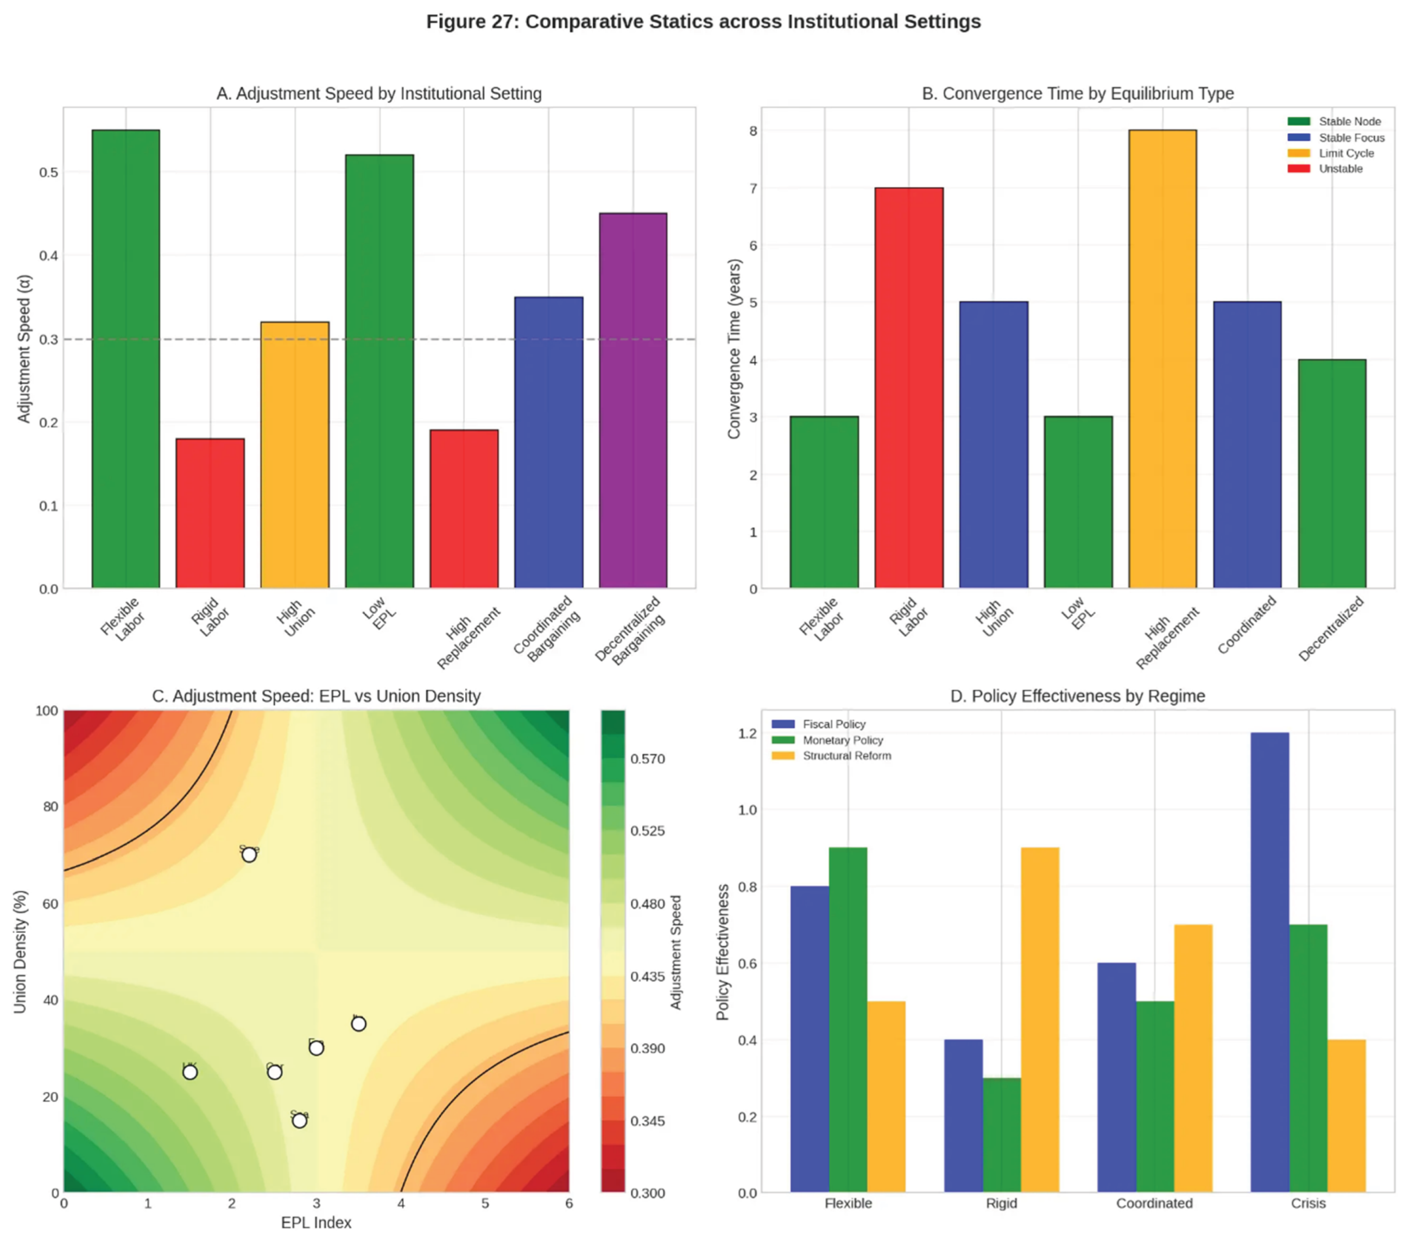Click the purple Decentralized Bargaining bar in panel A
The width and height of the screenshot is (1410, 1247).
pyautogui.click(x=633, y=400)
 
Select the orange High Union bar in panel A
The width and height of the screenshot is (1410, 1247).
pyautogui.click(x=295, y=455)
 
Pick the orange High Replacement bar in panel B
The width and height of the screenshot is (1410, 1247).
pyautogui.click(x=1162, y=359)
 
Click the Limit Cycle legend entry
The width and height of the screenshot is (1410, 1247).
pyautogui.click(x=1345, y=153)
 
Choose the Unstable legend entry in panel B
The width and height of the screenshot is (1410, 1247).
pyautogui.click(x=1341, y=169)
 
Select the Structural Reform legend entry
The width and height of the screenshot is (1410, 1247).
pyautogui.click(x=846, y=756)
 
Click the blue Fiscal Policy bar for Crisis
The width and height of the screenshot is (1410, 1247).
pyautogui.click(x=1269, y=962)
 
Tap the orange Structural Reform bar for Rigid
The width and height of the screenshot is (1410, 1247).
pyautogui.click(x=1040, y=1020)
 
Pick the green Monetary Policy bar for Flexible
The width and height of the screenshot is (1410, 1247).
pyautogui.click(x=848, y=1020)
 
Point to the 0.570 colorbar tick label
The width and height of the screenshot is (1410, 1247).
pyautogui.click(x=647, y=759)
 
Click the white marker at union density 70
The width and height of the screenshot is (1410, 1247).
pyautogui.click(x=249, y=855)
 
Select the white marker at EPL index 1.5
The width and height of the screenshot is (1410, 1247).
pyautogui.click(x=189, y=1072)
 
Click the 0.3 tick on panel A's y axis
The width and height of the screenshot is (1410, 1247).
pyautogui.click(x=48, y=339)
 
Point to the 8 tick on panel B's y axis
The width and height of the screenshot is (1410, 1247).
pyautogui.click(x=753, y=131)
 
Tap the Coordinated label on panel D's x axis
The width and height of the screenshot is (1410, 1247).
pyautogui.click(x=1154, y=1203)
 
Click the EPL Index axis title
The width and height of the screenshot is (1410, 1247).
pyautogui.click(x=316, y=1222)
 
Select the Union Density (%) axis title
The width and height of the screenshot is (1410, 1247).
pyautogui.click(x=20, y=952)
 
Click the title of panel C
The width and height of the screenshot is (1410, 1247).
pyautogui.click(x=316, y=696)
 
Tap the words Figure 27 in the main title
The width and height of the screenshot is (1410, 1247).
pyautogui.click(x=471, y=22)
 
